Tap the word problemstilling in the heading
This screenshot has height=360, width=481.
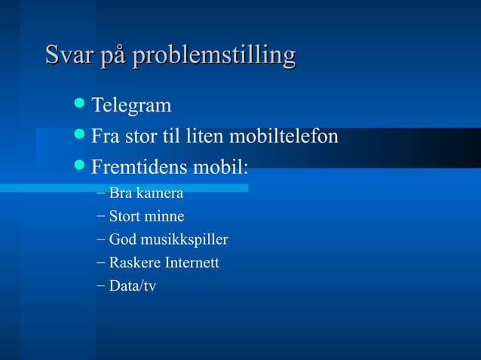(213, 56)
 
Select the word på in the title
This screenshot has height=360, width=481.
(114, 56)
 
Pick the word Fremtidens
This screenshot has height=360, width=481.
(139, 166)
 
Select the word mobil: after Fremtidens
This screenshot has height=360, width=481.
(221, 166)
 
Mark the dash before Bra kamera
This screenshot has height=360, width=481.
(101, 194)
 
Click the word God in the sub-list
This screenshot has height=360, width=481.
(121, 240)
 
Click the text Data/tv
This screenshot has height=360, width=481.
(132, 286)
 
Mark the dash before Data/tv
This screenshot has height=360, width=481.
(101, 286)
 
